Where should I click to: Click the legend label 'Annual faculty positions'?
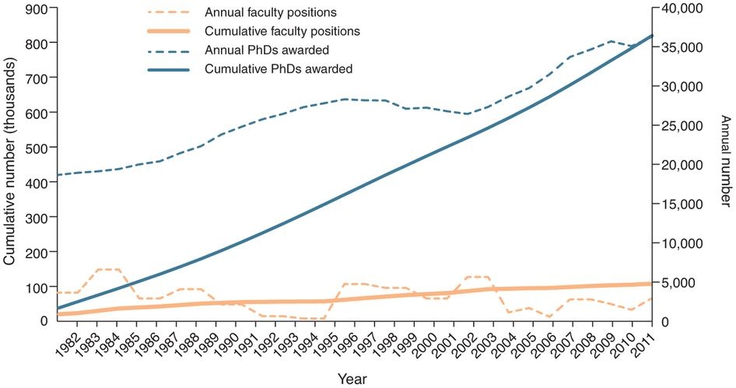[258, 13]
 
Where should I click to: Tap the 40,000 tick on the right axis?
[682, 8]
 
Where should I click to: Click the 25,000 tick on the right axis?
[682, 126]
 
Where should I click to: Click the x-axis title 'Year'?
[348, 379]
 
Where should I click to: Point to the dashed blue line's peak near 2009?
[612, 41]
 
